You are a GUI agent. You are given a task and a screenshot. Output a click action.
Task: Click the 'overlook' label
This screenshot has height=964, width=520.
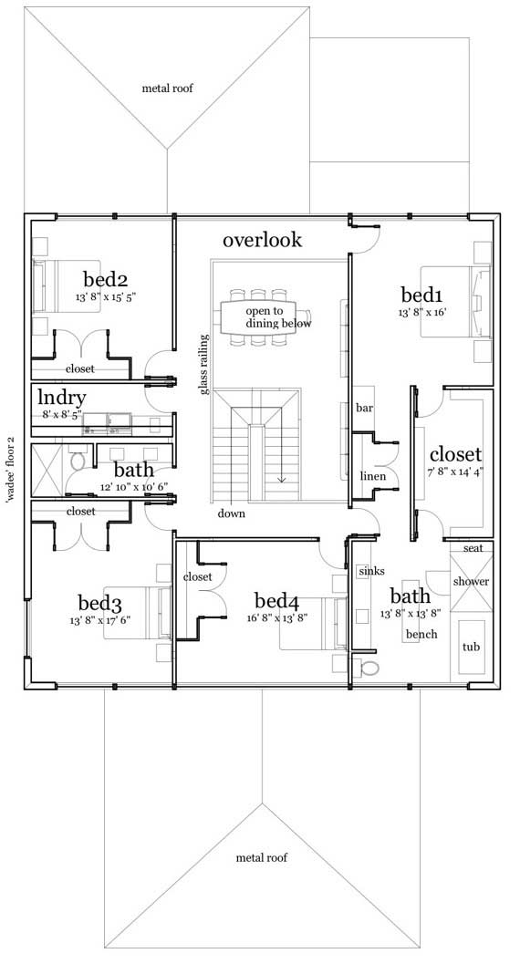(x=262, y=240)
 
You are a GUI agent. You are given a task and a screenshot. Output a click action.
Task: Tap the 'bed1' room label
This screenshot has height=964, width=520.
(x=421, y=295)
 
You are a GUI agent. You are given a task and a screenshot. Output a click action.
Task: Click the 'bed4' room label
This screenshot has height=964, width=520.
(x=276, y=601)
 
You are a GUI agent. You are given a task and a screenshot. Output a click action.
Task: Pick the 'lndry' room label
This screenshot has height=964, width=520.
(x=62, y=398)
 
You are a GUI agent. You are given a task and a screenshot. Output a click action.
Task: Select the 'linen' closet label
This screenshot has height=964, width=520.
(x=372, y=476)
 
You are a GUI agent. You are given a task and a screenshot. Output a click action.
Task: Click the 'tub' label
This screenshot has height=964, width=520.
(x=471, y=647)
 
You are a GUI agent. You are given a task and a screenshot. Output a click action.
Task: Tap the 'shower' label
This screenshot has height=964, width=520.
(x=471, y=581)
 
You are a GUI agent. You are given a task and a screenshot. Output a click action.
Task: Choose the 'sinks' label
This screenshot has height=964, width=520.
(x=371, y=571)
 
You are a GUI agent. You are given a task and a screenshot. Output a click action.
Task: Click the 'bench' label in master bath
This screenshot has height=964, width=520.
(x=421, y=634)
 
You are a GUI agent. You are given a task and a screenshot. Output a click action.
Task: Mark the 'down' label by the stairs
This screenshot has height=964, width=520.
(x=231, y=513)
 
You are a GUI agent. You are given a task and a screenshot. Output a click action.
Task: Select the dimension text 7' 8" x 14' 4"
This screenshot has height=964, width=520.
(x=454, y=472)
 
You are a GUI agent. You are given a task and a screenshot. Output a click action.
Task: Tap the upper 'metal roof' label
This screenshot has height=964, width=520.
(x=167, y=88)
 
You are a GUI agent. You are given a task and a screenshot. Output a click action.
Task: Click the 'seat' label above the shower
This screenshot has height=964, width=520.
(x=473, y=548)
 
